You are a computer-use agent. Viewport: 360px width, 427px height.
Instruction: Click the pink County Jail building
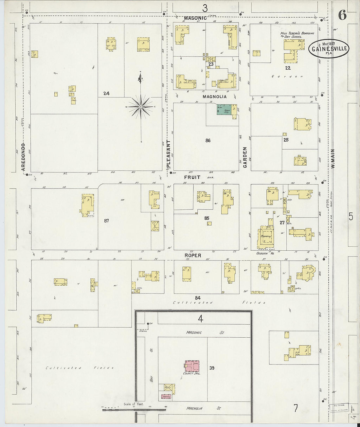click(x=192, y=366)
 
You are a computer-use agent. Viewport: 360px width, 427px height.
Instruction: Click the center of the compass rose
click(x=140, y=106)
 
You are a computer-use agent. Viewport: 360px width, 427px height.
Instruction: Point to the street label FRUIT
click(x=192, y=177)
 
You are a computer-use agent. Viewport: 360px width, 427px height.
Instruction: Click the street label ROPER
click(x=192, y=255)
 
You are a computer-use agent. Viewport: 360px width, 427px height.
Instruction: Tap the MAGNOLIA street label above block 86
click(x=214, y=97)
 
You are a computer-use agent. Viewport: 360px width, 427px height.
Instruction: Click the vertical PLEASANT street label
click(x=169, y=154)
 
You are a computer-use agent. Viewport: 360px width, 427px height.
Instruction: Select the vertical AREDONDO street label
click(x=23, y=157)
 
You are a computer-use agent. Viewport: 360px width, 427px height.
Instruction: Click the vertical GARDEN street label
click(x=245, y=157)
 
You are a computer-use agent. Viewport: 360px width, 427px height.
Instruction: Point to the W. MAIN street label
click(x=333, y=159)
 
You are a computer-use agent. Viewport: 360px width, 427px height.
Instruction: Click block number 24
click(x=106, y=94)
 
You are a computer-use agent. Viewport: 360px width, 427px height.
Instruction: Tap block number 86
click(x=208, y=141)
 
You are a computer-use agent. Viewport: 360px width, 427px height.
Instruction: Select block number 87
click(x=106, y=221)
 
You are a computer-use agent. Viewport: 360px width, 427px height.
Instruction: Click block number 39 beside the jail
click(x=212, y=368)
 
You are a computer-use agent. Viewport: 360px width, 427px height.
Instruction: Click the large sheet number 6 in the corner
click(x=342, y=15)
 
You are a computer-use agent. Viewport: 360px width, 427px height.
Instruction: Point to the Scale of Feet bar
click(x=134, y=408)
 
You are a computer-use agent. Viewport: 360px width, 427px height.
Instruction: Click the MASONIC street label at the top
click(x=195, y=18)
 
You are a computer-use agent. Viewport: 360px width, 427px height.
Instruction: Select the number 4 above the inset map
click(x=200, y=318)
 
